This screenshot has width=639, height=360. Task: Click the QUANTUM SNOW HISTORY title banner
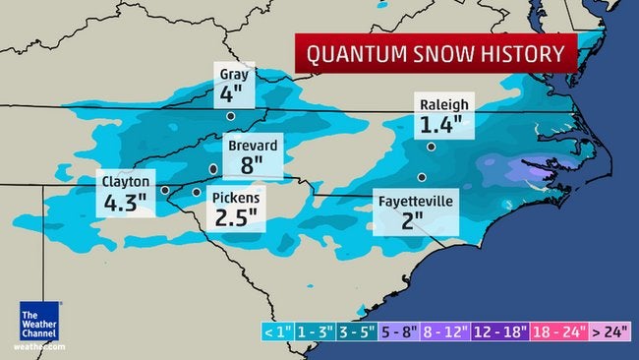[x=436, y=53]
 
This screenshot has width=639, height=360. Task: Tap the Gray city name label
[x=233, y=75]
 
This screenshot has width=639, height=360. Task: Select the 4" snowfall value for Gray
[x=232, y=95]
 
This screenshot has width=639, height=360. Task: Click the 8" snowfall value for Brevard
[x=253, y=165]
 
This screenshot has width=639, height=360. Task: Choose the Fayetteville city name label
[x=416, y=201]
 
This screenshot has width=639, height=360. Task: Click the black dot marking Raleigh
[x=432, y=146]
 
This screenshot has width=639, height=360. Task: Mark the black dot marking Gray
[x=231, y=116]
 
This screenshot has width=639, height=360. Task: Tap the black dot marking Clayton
[x=165, y=190]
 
